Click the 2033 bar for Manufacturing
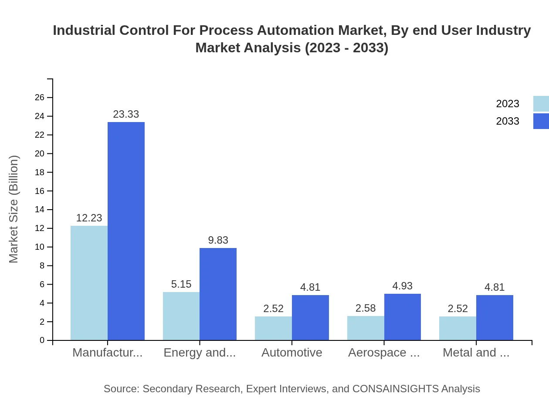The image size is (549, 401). coord(126,231)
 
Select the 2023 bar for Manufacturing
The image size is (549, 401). coord(89,283)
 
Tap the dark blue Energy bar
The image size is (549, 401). coord(218,294)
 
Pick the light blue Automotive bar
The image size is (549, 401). coord(273,328)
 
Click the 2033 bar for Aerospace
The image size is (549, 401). coord(403,317)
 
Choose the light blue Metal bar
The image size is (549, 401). coord(457,328)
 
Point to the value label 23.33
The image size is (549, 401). coord(126,114)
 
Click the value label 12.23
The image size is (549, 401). coord(89,218)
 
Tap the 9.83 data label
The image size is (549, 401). coord(218,240)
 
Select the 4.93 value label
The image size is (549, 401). coord(402,286)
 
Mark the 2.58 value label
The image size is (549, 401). coord(365,308)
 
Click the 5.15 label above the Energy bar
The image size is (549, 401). coord(181,284)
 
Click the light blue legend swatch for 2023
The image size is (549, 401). coord(541,104)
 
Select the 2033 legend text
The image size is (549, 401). coord(508,121)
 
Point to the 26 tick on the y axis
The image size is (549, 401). coord(40,97)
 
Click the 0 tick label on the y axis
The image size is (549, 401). coord(42,340)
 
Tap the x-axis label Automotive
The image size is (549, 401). coord(292,353)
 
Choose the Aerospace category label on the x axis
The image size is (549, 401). coord(384,353)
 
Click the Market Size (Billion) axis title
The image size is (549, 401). coord(14,209)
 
